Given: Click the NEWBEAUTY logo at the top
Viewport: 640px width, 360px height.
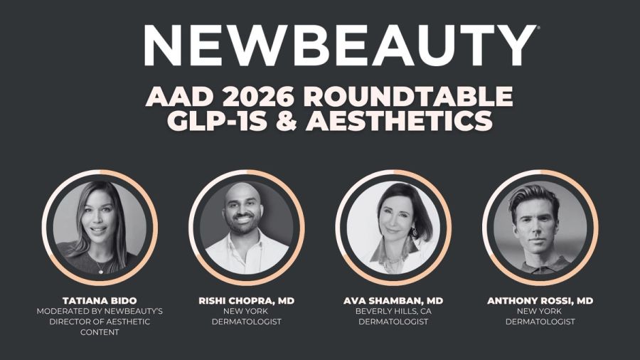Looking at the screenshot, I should [x=341, y=45].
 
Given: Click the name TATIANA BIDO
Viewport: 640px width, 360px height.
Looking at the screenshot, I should [x=100, y=301].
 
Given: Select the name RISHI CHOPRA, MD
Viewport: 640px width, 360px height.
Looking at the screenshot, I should [x=246, y=301].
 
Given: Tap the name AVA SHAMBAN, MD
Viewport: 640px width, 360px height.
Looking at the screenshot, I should [x=393, y=301].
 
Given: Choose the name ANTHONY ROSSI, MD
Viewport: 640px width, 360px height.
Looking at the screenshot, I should [x=540, y=301].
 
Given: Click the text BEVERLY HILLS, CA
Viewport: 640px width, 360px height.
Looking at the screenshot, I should [x=393, y=312].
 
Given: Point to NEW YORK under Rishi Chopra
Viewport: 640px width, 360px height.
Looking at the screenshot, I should [x=246, y=312].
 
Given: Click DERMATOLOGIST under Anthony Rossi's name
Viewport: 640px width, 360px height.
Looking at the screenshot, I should [x=540, y=322].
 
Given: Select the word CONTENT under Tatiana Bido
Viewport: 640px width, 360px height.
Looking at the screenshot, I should [x=100, y=332].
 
